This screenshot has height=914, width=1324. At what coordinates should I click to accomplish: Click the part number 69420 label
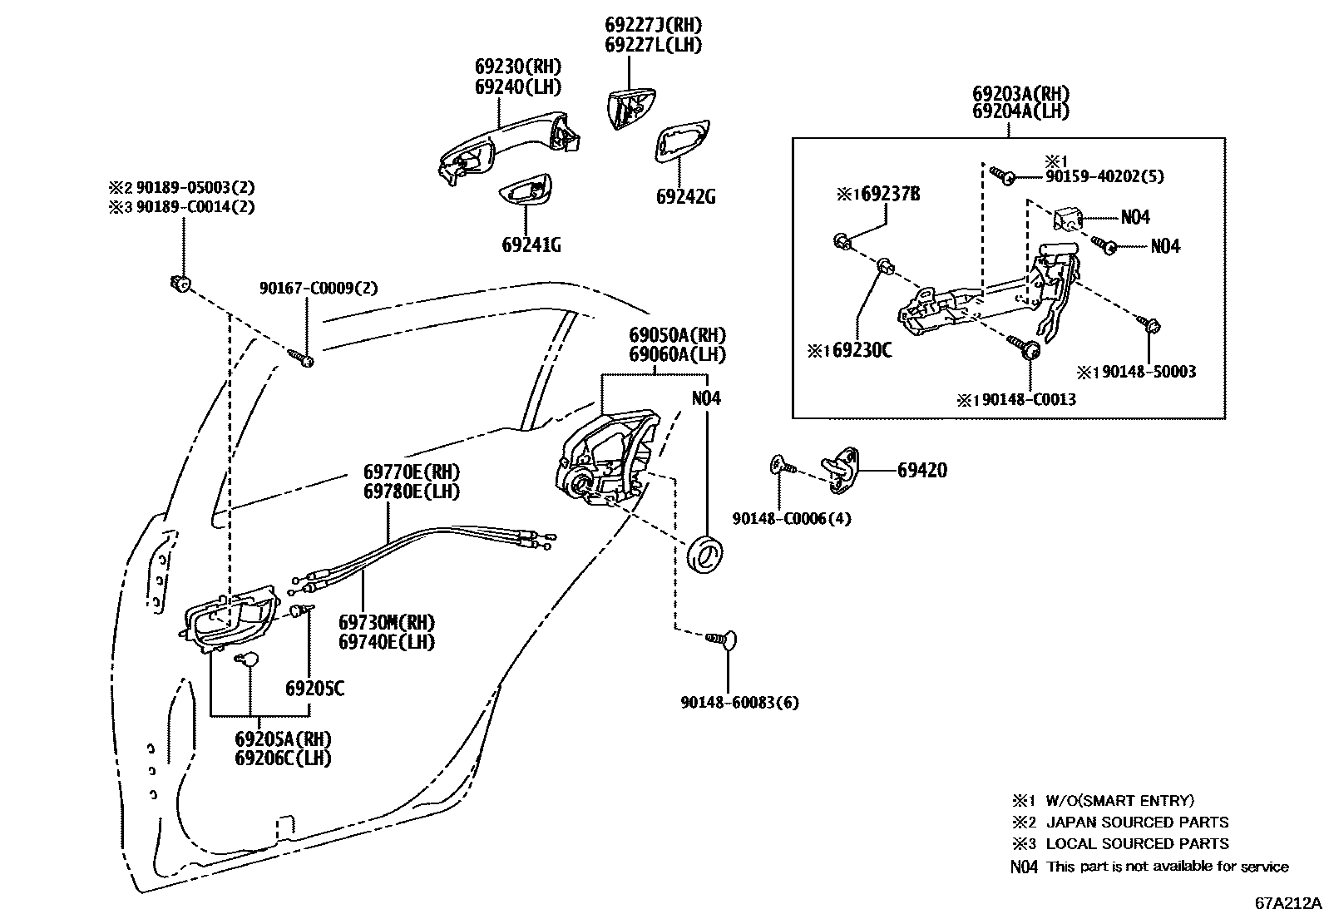921,470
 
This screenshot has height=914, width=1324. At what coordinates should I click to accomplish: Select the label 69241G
531,245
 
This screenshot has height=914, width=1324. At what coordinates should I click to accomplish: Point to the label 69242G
685,197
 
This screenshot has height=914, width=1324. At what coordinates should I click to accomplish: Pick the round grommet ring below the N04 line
706,555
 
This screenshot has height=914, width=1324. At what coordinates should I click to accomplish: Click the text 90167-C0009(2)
319,288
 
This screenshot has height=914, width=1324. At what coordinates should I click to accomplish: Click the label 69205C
314,689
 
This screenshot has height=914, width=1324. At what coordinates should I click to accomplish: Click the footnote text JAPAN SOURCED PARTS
1136,822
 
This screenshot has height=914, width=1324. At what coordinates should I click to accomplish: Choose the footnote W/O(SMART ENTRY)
1119,800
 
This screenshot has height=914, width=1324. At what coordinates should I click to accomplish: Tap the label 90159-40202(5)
1104,176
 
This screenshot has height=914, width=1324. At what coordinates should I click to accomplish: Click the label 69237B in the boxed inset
889,195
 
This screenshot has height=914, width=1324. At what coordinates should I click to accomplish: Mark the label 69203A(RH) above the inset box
1020,93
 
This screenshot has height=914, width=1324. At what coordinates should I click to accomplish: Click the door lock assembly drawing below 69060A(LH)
605,462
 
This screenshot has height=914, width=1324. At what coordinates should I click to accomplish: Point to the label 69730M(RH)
387,622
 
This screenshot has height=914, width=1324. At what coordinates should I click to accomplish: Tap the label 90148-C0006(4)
791,518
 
